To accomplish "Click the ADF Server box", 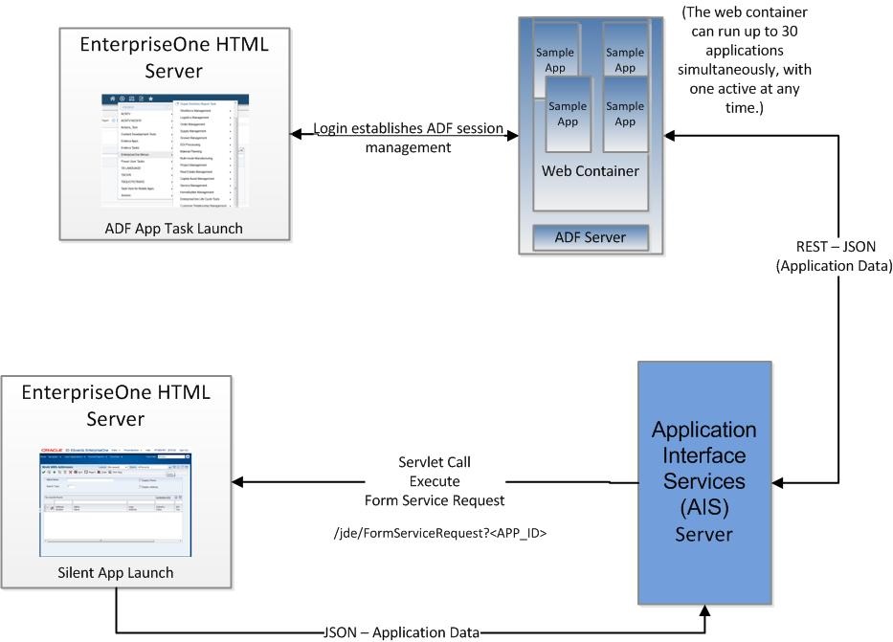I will point(590,237).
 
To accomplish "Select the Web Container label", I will point(590,171).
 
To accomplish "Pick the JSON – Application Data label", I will point(401,632).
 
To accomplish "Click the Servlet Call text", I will point(435,463).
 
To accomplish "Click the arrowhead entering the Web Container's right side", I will point(670,135).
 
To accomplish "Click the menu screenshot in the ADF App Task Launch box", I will point(175,151).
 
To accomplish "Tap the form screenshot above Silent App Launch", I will point(116,500).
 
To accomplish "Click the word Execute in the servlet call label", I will point(435,481).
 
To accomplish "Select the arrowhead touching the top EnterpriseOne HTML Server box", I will point(297,135).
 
